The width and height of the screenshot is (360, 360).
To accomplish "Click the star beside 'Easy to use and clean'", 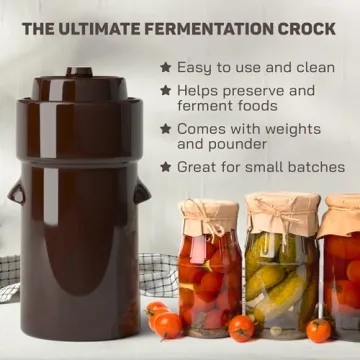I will click(x=165, y=68).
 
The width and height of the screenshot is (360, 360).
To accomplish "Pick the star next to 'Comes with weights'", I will click(x=165, y=129).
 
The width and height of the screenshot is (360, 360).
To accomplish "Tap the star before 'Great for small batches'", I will click(x=165, y=167).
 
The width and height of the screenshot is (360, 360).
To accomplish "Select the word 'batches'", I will click(x=311, y=167).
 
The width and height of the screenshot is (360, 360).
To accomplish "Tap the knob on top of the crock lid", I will click(x=79, y=72).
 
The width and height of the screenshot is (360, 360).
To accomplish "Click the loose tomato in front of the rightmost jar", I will click(x=318, y=330).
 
